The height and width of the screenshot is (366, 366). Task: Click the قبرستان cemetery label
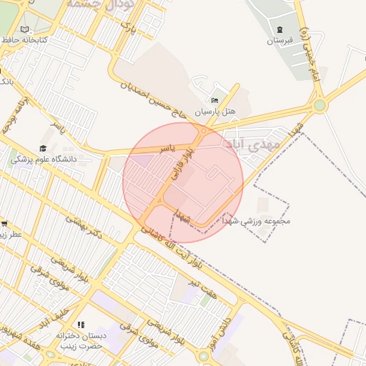click(x=280, y=41)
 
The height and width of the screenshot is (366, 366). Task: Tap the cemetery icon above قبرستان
click(x=280, y=29)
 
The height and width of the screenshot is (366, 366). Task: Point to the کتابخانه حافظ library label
click(x=24, y=40)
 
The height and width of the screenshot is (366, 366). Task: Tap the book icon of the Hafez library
click(x=25, y=29)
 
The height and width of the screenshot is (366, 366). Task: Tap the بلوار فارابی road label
click(x=178, y=163)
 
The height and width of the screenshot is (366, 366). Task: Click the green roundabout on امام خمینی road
click(x=319, y=106)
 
